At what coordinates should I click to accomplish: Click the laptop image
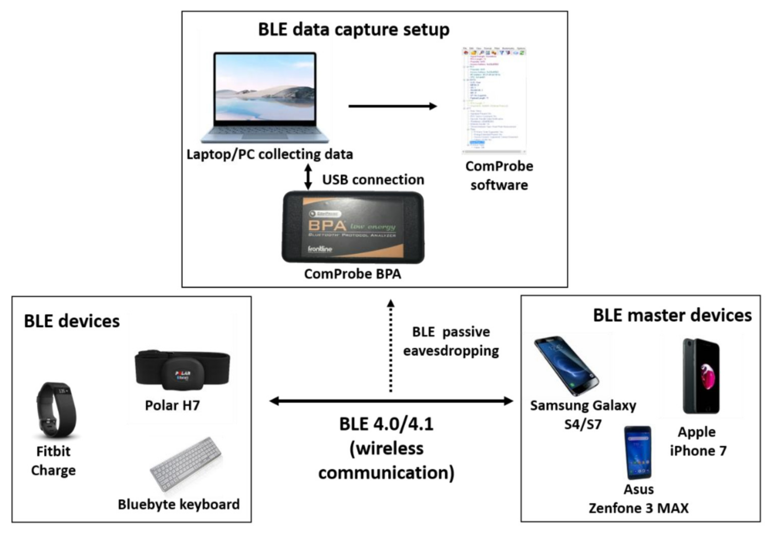265,97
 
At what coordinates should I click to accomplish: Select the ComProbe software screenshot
494,100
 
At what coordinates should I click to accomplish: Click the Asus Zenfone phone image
638,452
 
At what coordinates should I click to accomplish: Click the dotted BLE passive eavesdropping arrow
390,346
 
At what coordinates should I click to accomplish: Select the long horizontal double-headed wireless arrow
391,401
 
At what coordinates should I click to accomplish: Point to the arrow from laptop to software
392,106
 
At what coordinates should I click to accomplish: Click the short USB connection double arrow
308,177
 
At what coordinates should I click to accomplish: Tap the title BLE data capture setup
353,30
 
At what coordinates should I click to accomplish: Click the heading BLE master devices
672,316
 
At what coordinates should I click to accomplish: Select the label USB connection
373,180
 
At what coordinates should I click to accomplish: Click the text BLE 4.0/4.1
386,424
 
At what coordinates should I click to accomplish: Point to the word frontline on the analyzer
320,249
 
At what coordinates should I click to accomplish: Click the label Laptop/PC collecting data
270,154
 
